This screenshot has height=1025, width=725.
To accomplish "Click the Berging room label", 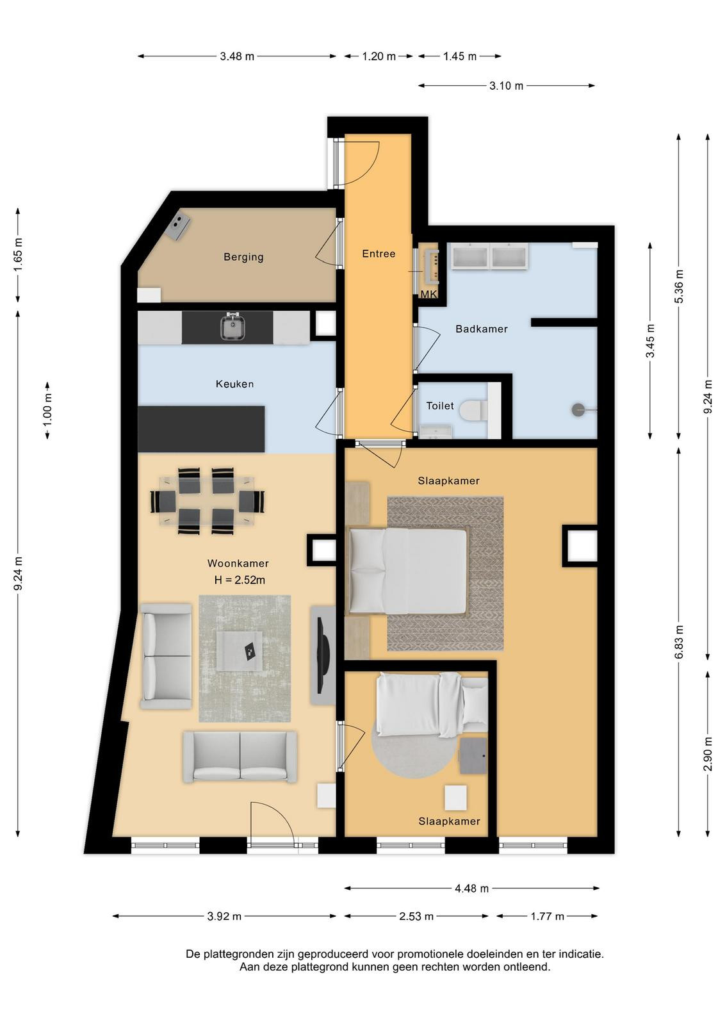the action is point(243,257).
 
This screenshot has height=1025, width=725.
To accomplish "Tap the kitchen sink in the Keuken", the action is point(234,327).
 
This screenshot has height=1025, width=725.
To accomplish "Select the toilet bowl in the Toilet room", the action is point(470,410).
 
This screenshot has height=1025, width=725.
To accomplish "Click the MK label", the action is point(428,294).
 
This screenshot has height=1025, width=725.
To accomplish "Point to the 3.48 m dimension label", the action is point(237,56).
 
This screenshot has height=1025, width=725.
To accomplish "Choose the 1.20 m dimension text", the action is point(379,56).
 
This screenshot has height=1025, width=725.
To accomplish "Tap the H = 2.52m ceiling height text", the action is point(240,580).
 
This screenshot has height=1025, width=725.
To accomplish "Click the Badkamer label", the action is point(481,329).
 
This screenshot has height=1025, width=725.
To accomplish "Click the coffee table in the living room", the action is point(240,651).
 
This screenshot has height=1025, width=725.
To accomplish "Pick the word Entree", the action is point(379,254).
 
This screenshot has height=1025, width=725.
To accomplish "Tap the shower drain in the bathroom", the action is point(578,409).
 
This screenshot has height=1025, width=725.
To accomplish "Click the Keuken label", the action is point(234,384).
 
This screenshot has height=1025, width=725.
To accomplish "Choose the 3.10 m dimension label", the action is point(507,86).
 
